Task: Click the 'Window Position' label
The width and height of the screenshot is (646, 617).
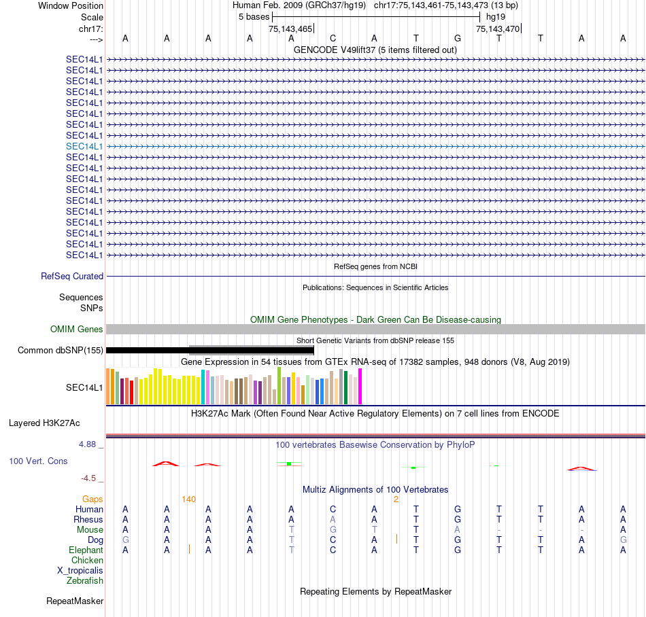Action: click(71, 5)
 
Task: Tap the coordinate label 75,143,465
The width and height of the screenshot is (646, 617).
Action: click(290, 29)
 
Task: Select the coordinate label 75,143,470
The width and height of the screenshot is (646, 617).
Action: click(498, 29)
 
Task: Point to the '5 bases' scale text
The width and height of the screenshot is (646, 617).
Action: click(253, 16)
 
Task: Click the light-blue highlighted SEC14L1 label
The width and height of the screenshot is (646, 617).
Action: click(84, 146)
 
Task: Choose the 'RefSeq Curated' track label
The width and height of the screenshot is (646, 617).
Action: click(72, 277)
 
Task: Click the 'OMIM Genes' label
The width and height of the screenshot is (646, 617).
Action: click(77, 330)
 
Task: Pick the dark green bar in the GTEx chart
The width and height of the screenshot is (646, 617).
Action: click(346, 387)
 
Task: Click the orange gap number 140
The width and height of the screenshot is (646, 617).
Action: click(188, 499)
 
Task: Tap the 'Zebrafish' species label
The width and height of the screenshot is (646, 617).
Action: click(85, 581)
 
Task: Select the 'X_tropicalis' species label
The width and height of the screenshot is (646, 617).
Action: click(80, 571)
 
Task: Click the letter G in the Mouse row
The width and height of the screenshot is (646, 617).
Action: click(333, 530)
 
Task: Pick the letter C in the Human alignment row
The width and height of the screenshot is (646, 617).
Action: click(333, 510)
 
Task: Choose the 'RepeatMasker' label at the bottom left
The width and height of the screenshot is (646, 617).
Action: click(75, 601)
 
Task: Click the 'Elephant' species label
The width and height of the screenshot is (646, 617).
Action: click(86, 550)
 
